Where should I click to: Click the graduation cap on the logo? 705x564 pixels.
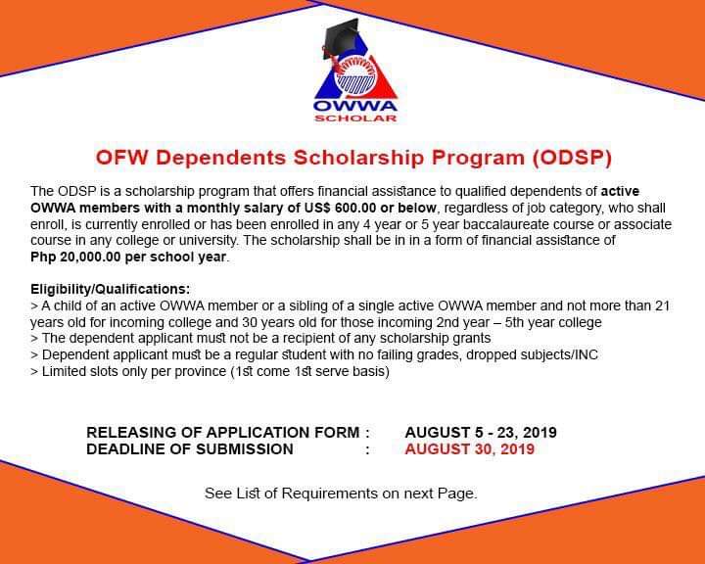[x=341, y=39]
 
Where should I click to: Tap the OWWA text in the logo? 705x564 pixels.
[x=355, y=106]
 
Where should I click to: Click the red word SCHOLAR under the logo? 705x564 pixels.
[x=355, y=118]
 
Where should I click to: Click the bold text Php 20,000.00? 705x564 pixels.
[x=75, y=258]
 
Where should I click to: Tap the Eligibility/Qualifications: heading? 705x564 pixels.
[x=110, y=289]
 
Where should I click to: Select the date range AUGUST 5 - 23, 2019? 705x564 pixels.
[x=481, y=432]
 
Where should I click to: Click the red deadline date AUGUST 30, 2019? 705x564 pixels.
[x=469, y=448]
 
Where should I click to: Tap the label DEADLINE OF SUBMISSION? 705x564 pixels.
[x=190, y=448]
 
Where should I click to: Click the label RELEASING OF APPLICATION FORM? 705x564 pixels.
[x=223, y=432]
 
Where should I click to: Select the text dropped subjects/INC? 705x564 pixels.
[x=532, y=354]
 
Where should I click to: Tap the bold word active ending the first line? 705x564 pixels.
[x=620, y=191]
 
